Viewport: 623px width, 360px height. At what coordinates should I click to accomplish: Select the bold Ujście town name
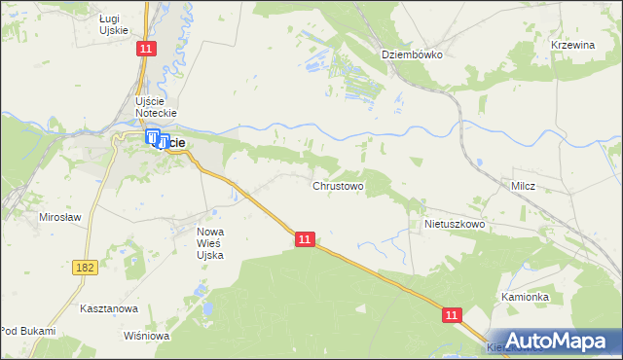pyautogui.click(x=173, y=143)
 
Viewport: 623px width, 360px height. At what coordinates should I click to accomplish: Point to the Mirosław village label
pyautogui.click(x=58, y=217)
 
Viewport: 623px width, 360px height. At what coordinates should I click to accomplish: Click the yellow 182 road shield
pyautogui.click(x=85, y=266)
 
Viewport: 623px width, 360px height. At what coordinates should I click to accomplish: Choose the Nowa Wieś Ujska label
pyautogui.click(x=210, y=243)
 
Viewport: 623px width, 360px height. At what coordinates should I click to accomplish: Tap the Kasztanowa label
pyautogui.click(x=109, y=307)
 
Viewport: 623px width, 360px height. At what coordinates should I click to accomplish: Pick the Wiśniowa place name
pyautogui.click(x=147, y=336)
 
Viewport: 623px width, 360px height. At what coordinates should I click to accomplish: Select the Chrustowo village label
pyautogui.click(x=338, y=185)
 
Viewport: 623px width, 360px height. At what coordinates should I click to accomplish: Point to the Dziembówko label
pyautogui.click(x=412, y=54)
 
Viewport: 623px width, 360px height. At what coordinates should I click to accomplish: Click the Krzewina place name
pyautogui.click(x=572, y=45)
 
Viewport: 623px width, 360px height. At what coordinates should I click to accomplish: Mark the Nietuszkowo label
pyautogui.click(x=455, y=224)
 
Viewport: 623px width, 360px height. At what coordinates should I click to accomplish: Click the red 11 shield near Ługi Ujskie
pyautogui.click(x=146, y=49)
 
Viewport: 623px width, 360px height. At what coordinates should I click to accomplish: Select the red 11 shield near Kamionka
pyautogui.click(x=453, y=315)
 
